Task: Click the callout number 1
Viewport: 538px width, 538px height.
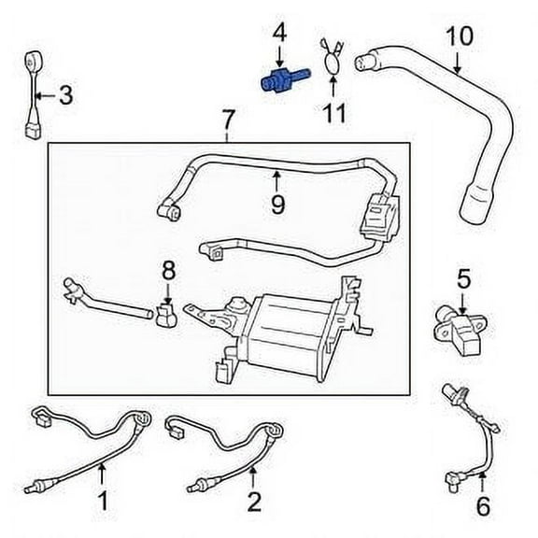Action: click(x=103, y=501)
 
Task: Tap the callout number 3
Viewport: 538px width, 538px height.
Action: click(x=64, y=94)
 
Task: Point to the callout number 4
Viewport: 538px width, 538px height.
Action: click(x=278, y=35)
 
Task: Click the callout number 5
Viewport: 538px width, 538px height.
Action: click(x=463, y=277)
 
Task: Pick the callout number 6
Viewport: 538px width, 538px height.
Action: click(x=482, y=508)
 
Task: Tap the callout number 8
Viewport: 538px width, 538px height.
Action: click(x=168, y=272)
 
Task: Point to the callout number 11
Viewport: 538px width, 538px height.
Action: click(x=333, y=113)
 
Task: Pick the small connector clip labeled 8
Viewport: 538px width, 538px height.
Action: click(x=169, y=316)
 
